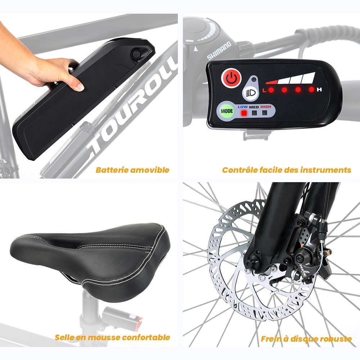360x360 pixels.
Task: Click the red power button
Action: click(x=231, y=78)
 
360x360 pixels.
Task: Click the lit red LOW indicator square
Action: click(x=243, y=113)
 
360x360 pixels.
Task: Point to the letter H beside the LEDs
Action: click(x=319, y=90)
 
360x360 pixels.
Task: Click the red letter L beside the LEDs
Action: click(x=264, y=90)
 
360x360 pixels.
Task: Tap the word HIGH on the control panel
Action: click(x=266, y=107)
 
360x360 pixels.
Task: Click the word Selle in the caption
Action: click(x=64, y=337)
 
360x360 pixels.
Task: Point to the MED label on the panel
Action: click(x=254, y=107)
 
